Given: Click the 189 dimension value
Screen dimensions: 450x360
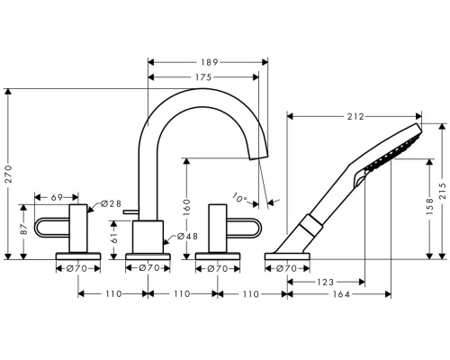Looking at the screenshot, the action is pos(209,62).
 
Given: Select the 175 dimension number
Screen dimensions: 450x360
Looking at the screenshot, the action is pos(203,77).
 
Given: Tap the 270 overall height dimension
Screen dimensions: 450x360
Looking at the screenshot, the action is pos(8,174).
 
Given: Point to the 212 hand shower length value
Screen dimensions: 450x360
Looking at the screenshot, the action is pos(355,116).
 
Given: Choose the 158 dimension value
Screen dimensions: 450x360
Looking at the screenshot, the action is pos(429,206).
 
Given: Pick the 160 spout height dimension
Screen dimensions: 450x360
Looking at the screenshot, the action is pos(186,207).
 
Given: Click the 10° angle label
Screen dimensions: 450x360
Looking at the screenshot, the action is pos(239,198).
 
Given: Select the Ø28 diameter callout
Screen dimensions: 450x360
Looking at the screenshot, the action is pos(111,203).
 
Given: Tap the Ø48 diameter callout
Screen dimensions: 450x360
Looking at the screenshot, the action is pos(187,237).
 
